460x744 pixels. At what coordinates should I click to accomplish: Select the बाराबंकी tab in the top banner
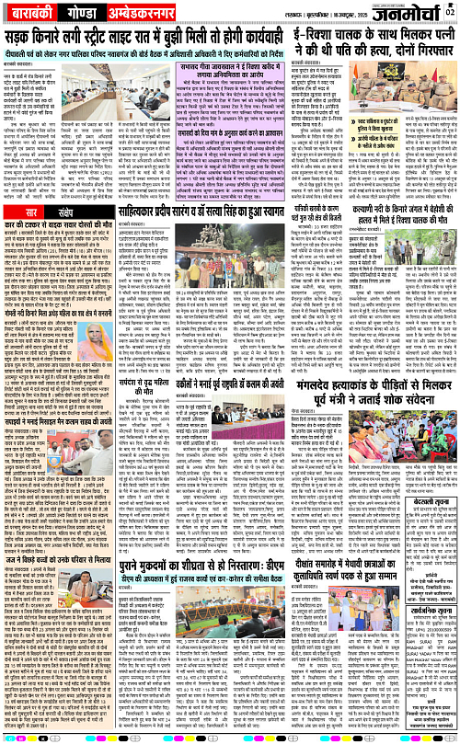(x=35, y=17)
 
